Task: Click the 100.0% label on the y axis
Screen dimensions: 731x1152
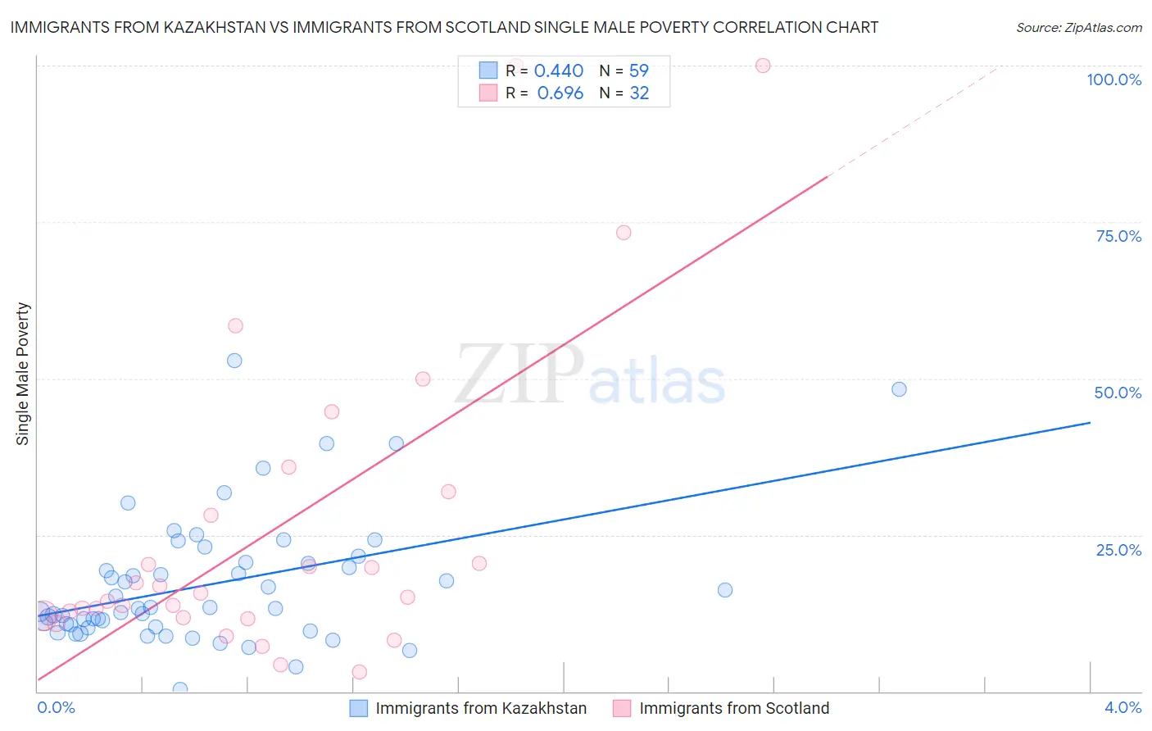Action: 1113,79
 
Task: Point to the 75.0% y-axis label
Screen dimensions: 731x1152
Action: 1118,236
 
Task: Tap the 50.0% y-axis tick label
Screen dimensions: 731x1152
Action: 1118,393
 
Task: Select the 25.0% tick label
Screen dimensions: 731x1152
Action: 1118,550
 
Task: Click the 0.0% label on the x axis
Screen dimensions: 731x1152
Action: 56,707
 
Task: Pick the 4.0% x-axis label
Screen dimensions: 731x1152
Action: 1123,707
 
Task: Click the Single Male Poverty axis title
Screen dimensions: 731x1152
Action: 23,374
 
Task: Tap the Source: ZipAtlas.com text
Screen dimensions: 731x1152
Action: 1078,27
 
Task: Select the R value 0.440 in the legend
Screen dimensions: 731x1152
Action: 558,71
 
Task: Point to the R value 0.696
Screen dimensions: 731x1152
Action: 560,93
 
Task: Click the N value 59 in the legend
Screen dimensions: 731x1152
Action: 638,71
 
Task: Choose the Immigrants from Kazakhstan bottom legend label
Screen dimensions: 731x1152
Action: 481,708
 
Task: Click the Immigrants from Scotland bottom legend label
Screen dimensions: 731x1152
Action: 734,708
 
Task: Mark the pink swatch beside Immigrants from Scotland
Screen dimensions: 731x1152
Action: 622,708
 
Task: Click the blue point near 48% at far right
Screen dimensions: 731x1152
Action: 899,389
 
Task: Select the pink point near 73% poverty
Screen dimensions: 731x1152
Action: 624,233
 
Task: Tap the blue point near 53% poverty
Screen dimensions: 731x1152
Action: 234,361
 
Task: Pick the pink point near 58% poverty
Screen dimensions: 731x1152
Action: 235,325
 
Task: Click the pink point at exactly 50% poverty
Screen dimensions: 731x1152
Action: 423,379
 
